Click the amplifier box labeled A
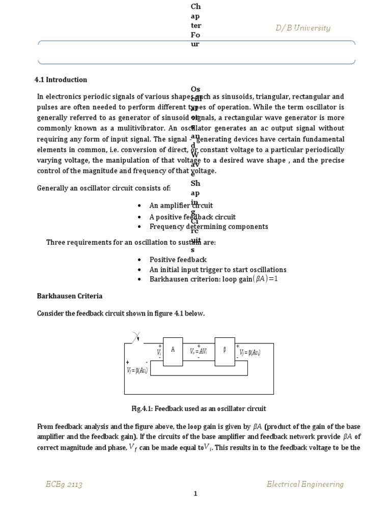[173, 351]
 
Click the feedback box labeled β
[225, 351]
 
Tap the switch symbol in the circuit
[135, 337]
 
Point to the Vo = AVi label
[199, 352]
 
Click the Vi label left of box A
[159, 352]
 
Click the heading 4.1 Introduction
[61, 80]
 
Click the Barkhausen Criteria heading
[70, 296]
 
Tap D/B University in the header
[303, 28]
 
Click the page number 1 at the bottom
[195, 494]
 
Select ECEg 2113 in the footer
[64, 484]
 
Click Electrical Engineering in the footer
[305, 484]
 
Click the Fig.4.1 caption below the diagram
[199, 409]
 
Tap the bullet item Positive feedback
[178, 260]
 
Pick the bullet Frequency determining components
[208, 226]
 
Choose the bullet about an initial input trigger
[218, 270]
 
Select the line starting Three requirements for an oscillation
[131, 243]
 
